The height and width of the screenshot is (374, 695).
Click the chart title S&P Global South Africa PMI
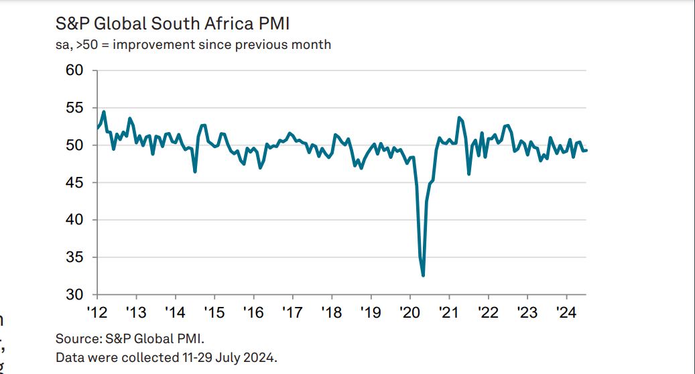[x=173, y=24]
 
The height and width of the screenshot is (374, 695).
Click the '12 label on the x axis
[x=97, y=312]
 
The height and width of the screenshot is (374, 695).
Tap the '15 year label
[x=214, y=312]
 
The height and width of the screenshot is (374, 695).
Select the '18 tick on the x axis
[x=332, y=312]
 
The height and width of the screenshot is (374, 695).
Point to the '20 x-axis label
[x=409, y=312]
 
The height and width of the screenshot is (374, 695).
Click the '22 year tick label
[x=488, y=312]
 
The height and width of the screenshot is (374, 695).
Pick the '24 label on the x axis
[x=566, y=312]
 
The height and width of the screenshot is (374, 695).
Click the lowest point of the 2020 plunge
[x=423, y=275]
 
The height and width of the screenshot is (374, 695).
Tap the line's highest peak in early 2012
[x=104, y=111]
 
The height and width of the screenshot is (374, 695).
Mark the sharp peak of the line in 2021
[x=459, y=117]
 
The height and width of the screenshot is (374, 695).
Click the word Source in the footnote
[x=76, y=338]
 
